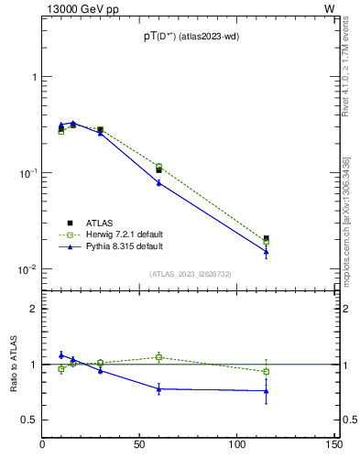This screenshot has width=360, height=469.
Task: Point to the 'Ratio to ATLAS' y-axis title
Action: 12,365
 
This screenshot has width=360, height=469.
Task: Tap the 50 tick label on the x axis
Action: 140,445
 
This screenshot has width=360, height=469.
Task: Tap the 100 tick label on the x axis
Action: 236,445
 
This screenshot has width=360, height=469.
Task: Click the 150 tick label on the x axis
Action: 333,445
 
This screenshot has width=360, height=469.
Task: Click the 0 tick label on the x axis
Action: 43,445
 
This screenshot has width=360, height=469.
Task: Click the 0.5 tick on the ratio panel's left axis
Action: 29,420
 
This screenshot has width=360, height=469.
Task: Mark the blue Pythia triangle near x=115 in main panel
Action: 266,251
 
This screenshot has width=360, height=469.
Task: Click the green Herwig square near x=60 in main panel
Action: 158,167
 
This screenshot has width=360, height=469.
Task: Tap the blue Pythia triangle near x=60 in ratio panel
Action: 158,388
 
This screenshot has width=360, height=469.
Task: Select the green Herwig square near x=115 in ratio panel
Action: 266,371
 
